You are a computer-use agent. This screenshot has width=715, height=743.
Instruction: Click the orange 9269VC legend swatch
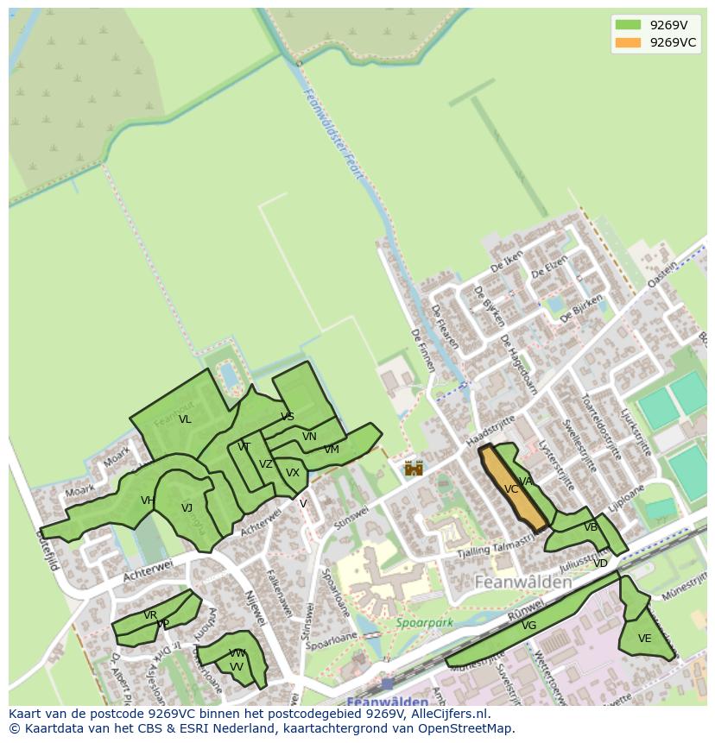point(628,43)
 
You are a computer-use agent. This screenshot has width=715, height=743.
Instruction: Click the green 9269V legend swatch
point(628,25)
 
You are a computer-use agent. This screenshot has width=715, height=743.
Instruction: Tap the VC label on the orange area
point(511,489)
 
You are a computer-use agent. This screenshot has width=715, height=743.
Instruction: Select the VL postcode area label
point(185,420)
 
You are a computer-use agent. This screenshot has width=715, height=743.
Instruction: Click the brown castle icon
point(414,468)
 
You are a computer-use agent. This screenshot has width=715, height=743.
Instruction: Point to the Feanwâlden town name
point(523,582)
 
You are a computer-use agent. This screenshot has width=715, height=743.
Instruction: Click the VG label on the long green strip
point(528,626)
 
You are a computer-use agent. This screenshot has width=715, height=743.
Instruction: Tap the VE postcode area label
point(644,639)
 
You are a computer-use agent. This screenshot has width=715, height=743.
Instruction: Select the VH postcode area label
point(148,501)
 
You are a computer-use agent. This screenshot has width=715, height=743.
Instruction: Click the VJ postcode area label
point(187,508)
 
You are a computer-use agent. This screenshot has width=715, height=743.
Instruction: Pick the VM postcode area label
point(332,450)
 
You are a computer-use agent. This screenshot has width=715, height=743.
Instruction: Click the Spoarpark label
point(424,622)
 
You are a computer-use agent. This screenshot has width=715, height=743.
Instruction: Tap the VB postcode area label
point(591,527)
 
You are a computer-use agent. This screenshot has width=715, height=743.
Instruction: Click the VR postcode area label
point(150,615)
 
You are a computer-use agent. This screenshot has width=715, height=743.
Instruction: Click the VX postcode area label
point(293,473)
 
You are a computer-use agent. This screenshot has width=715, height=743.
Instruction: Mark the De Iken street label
point(507,265)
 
